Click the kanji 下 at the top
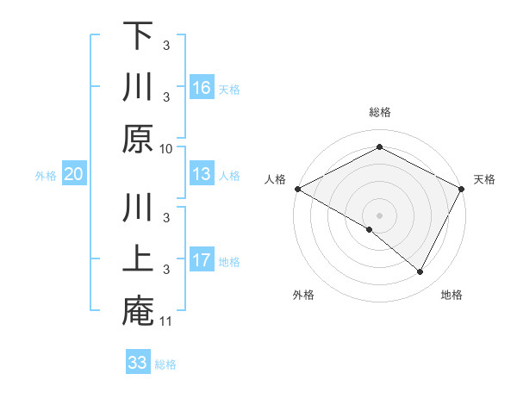point(138,36)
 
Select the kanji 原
point(138,138)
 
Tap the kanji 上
point(138,259)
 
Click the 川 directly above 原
point(138,87)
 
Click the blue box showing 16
point(202,87)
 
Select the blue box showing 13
point(202,174)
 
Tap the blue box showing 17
point(202,259)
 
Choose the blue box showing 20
point(74,174)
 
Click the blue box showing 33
point(138,362)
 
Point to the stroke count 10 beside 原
point(166,148)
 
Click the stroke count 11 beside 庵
point(166,321)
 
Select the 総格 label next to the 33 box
point(165,364)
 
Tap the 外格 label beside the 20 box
point(46,175)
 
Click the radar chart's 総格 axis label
point(379,112)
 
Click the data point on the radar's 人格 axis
point(297,189)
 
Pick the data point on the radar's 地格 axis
point(420,272)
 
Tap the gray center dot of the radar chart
point(379,215)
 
